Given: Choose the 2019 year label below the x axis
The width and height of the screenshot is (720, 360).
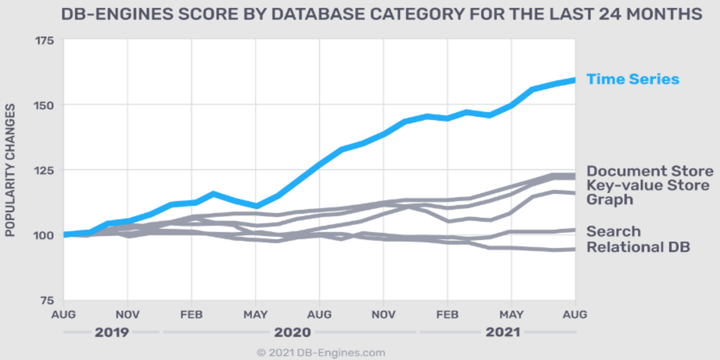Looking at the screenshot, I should pos(112,332).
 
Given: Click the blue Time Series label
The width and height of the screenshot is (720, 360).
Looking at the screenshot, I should pos(632,79).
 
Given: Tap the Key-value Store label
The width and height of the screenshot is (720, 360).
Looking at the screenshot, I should pos(648,185).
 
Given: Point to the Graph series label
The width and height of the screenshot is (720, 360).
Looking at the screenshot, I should pos(610,199).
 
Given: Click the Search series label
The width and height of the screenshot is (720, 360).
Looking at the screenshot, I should pos(613,232).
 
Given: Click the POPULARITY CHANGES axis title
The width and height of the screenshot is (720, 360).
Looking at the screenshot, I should pos(10,170).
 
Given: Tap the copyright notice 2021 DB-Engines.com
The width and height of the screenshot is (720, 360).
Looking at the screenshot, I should pos(321,353).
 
